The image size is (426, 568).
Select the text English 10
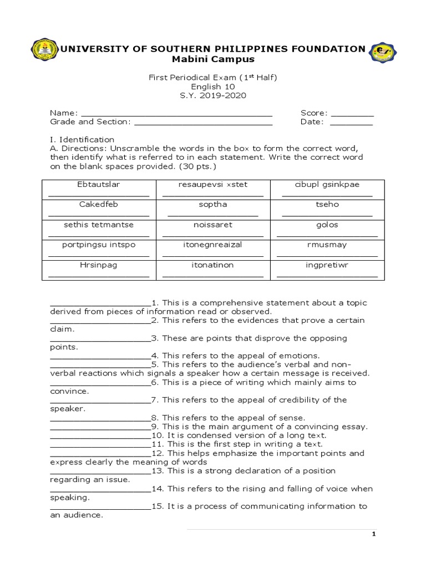coord(212,87)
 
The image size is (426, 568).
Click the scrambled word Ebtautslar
coord(98,184)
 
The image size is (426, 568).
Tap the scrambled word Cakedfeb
coord(98,204)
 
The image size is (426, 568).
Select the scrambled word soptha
coord(212,204)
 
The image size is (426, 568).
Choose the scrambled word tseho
coord(327,204)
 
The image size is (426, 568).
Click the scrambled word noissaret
coord(212,225)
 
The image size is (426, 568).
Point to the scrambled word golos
coord(327,225)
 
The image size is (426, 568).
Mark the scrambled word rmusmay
coord(327,245)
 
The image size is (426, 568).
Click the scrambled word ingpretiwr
coord(327,265)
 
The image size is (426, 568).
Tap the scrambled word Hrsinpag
coord(98,265)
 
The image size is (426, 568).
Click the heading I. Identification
coord(82,140)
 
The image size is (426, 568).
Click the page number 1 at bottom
coord(374,534)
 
